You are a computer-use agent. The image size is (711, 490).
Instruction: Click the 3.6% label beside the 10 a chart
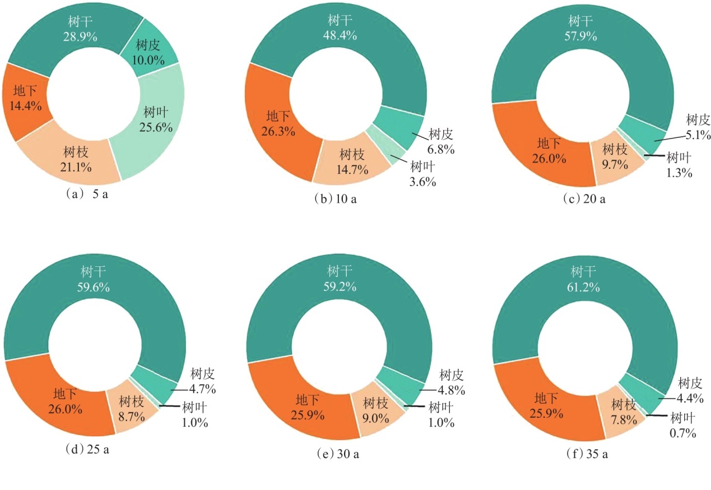(x=423, y=181)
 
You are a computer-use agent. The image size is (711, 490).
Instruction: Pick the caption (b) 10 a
(x=336, y=201)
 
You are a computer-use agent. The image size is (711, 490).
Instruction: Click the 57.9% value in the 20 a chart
(x=582, y=36)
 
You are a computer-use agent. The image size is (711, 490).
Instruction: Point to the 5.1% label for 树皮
(x=698, y=135)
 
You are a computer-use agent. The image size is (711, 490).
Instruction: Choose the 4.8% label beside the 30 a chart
(x=451, y=390)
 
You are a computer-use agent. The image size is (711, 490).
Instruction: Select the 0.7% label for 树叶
(x=681, y=433)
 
